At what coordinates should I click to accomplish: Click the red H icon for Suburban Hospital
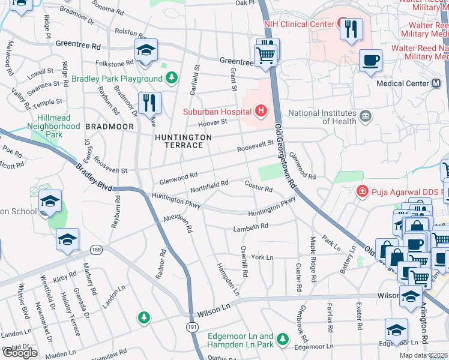point(261,110)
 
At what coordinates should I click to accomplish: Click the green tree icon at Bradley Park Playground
point(172,78)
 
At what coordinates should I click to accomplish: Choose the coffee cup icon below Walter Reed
point(370,60)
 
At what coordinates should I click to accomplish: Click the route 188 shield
point(95,248)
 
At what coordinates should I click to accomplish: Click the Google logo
point(20,352)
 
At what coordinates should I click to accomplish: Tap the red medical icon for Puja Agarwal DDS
point(362,191)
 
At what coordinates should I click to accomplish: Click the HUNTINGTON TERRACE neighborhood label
point(183,142)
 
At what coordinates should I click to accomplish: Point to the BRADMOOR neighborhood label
point(104,127)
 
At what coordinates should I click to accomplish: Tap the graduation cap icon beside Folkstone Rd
point(146,52)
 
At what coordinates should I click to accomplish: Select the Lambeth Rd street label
point(251,227)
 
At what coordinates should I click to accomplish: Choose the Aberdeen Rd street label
point(178,223)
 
